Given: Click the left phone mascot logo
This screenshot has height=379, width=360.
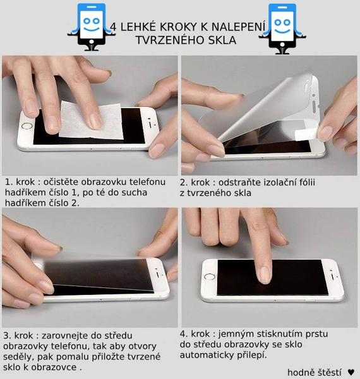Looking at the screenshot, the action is point(92,27).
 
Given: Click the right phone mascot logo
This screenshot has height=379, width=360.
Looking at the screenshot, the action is point(282,28).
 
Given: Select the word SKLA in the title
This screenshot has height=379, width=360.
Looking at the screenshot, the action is point(222,40).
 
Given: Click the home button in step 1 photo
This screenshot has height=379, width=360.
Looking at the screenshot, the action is point(27,126).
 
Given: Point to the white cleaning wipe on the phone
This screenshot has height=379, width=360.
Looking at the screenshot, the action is point(91,121).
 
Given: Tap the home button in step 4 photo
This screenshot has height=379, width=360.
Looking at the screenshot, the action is point(209,276).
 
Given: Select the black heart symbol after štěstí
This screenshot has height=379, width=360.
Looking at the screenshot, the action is point(351,372).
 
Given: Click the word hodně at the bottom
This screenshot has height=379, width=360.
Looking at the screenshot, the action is point(299,372).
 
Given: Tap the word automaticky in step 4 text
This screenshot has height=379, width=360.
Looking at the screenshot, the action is point(207,355).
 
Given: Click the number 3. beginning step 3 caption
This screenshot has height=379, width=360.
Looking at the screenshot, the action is point(7,335).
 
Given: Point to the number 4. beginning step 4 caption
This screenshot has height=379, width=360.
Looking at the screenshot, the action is point(184,334).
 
